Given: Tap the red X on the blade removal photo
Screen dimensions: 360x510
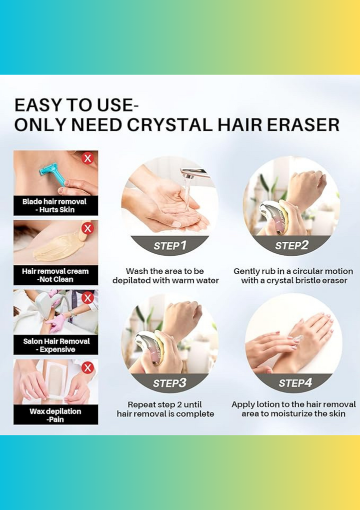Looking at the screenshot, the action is tap(87, 159).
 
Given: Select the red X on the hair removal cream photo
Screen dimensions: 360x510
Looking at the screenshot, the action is tap(87, 228).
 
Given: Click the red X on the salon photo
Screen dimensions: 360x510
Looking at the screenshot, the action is tap(87, 298).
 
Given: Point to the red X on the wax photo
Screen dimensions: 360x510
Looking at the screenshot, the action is tap(87, 368).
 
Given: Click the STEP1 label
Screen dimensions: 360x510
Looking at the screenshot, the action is tap(170, 246).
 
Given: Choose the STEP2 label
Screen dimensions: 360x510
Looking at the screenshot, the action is tap(291, 246).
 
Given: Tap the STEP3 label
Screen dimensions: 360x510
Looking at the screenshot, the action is tap(169, 383).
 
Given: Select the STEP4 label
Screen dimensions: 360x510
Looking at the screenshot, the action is tap(295, 383).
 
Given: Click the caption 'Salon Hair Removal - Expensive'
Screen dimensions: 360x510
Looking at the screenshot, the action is tap(56, 345).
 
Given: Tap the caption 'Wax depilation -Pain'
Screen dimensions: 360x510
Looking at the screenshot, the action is tap(55, 415).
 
